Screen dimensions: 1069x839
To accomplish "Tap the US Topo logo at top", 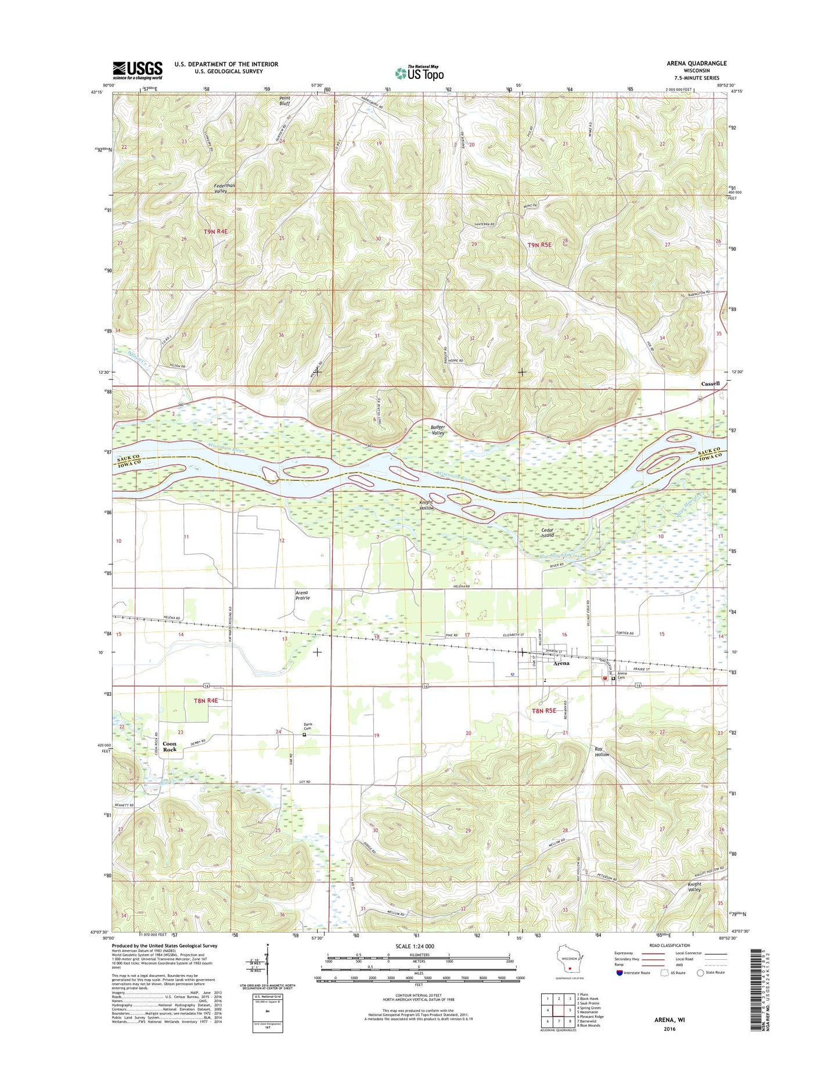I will point(419,73).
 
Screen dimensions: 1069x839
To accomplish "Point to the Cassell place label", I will point(710,384).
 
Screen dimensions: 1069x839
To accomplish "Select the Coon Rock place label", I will point(170,746).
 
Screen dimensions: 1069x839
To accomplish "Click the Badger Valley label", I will point(438,430).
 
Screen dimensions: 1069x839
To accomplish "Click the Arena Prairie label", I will point(302,595).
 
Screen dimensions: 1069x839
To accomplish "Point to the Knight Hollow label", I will point(427,505).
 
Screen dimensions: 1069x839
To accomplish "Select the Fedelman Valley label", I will point(224,188).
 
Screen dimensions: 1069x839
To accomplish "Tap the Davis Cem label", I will point(308,726).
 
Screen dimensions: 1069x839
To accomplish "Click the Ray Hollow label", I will point(602,752).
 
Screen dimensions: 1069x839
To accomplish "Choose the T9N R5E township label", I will point(539,245).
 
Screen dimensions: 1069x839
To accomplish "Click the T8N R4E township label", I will point(206,700).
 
